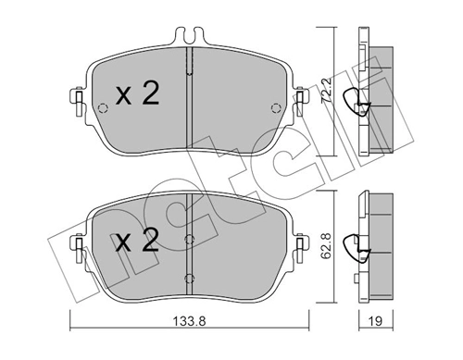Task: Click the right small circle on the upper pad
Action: tap(274, 108)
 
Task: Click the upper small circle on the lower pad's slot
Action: tap(188, 240)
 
